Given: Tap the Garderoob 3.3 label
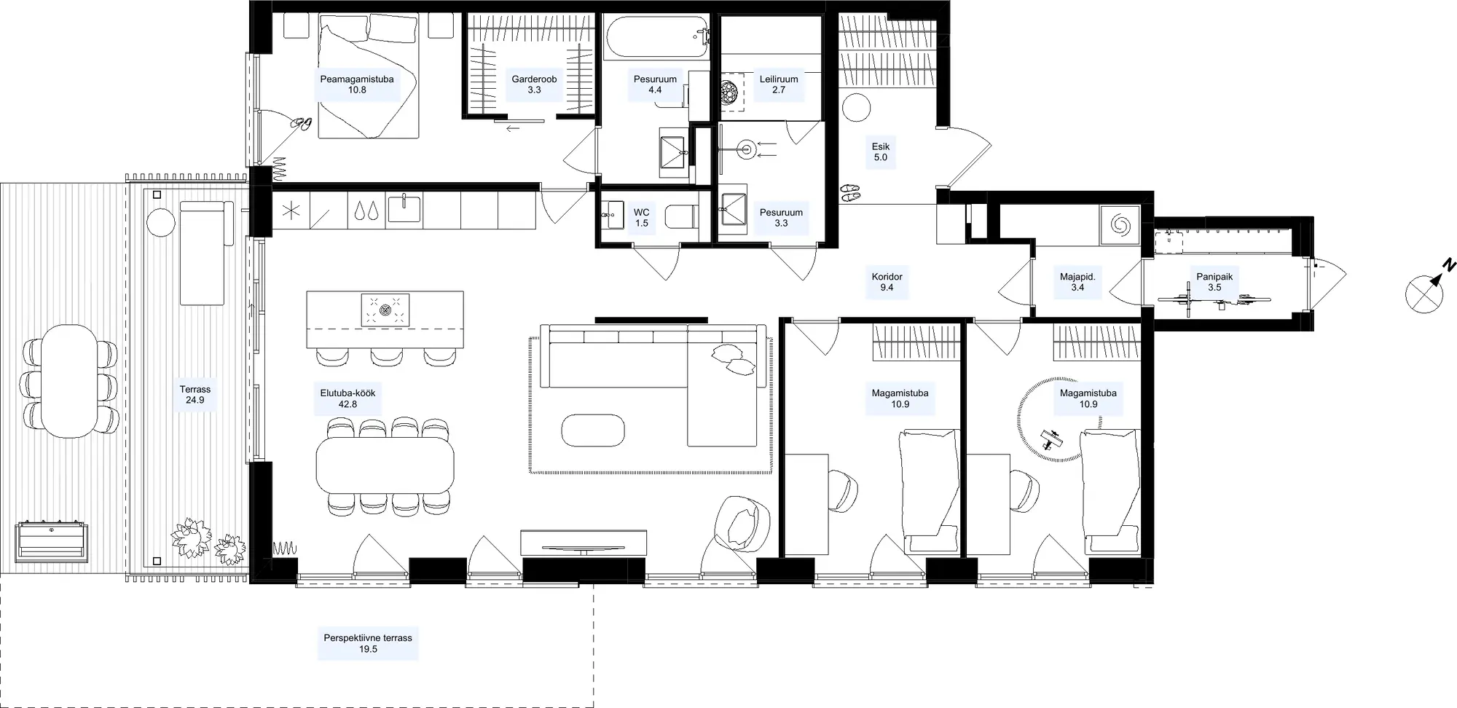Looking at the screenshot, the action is pyautogui.click(x=534, y=84).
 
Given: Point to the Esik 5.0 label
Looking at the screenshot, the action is pyautogui.click(x=881, y=152).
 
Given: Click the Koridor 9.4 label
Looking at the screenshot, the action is pyautogui.click(x=887, y=282).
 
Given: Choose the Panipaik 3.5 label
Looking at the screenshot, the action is pyautogui.click(x=1214, y=282).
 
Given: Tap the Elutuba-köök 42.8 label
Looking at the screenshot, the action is pyautogui.click(x=347, y=398).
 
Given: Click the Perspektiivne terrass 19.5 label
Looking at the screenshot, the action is pyautogui.click(x=368, y=643).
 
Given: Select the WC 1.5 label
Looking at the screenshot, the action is pyautogui.click(x=641, y=218).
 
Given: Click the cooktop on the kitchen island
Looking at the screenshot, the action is pyautogui.click(x=385, y=310).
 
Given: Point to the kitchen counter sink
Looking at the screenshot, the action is pyautogui.click(x=404, y=208).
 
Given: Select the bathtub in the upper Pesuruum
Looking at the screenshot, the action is pyautogui.click(x=656, y=38).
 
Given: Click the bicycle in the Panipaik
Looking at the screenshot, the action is pyautogui.click(x=1214, y=299).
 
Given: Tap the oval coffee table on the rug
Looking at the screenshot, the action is pyautogui.click(x=593, y=430).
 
